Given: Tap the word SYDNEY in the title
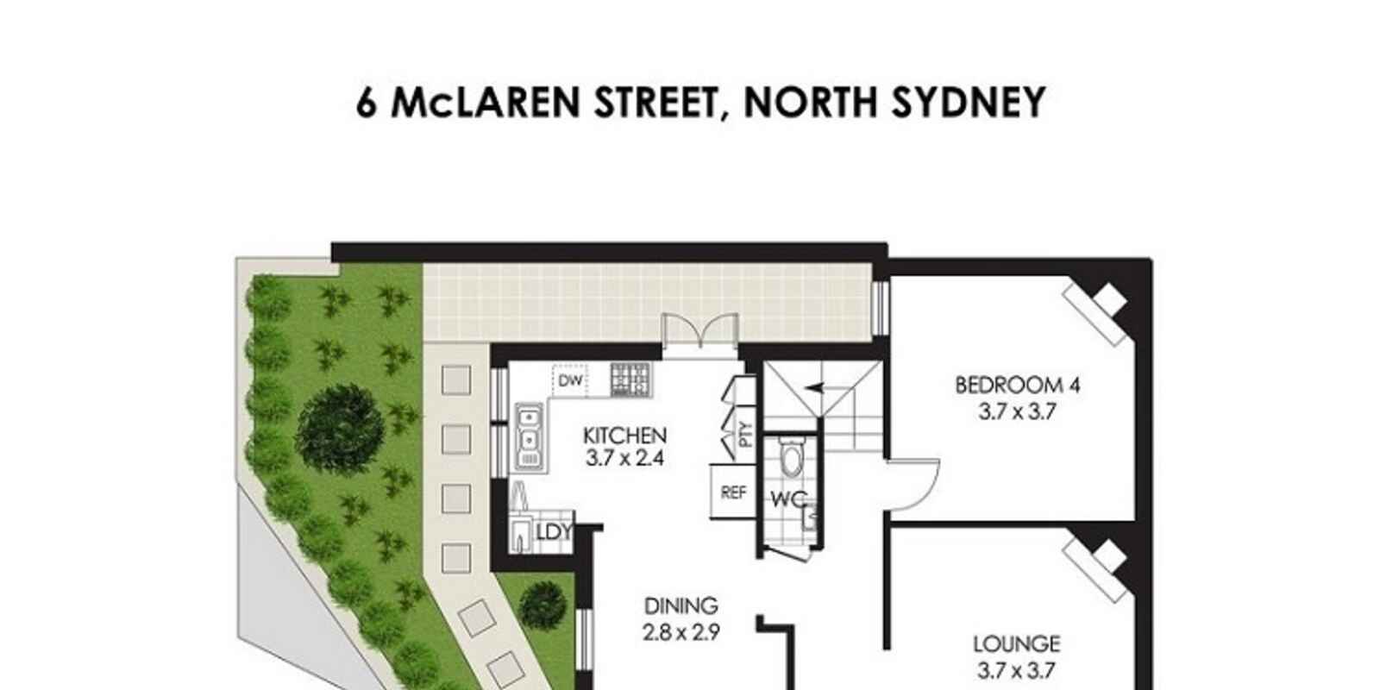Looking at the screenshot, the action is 969,103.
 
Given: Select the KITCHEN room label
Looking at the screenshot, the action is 624,436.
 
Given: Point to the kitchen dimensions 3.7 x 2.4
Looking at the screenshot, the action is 624,458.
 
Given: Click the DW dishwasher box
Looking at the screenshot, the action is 570,380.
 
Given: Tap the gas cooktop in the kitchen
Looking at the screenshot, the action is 630,379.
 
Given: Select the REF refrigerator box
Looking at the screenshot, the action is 732,492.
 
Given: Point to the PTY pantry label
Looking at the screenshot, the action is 745,435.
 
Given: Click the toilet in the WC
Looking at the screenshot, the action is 790,458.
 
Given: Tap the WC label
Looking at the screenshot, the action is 788,499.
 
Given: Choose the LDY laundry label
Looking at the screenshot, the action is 555,532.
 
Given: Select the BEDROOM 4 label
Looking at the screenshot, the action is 1017,386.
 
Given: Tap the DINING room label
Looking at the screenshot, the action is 681,606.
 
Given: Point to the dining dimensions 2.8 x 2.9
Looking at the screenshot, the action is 681,632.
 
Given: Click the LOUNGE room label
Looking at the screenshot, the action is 1017,644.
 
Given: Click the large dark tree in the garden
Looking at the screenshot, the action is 340,426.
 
